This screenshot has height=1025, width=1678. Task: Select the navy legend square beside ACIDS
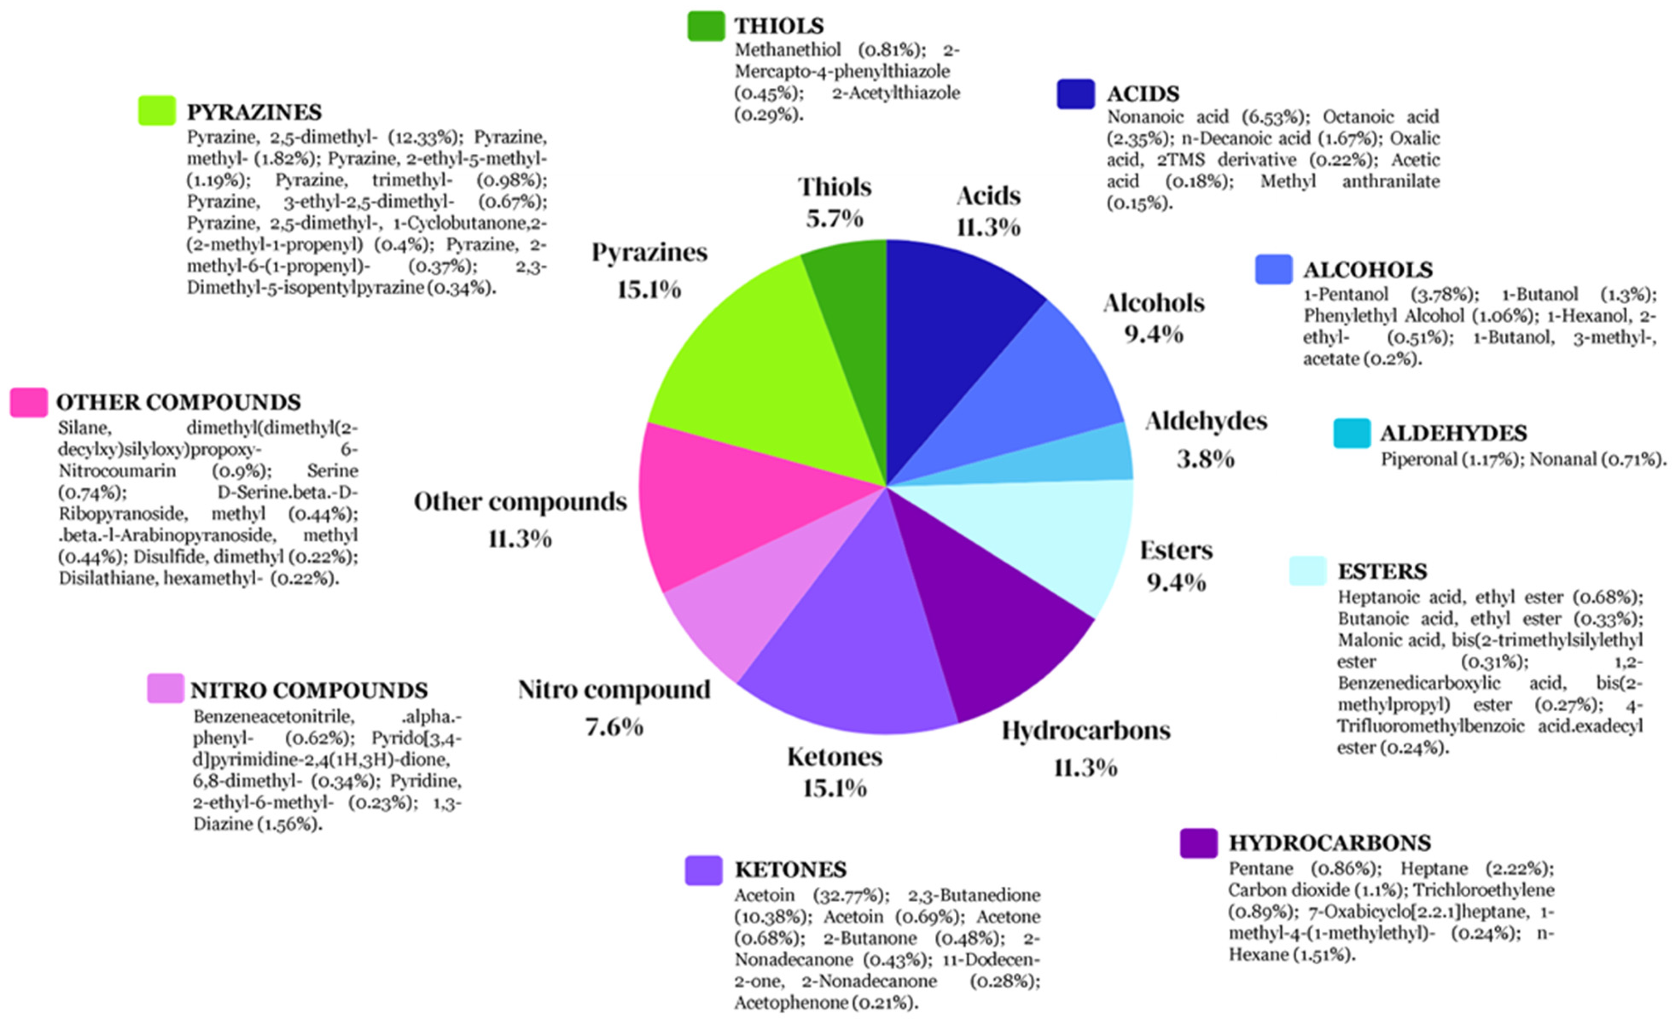[x=1076, y=94]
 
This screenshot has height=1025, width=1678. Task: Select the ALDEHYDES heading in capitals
[x=1453, y=433]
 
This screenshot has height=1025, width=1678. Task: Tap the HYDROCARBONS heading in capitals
[x=1329, y=843]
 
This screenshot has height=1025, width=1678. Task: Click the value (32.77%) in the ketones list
[x=851, y=895]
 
